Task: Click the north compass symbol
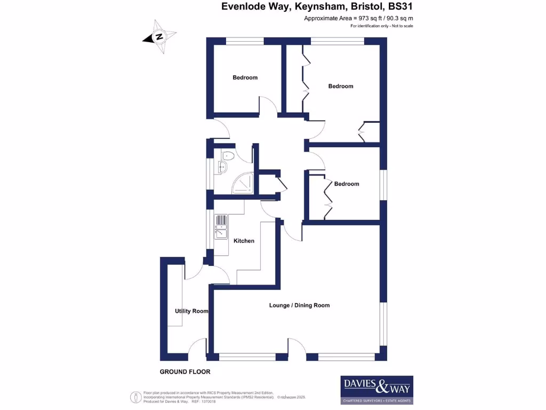click(159, 37)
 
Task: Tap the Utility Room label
click(191, 311)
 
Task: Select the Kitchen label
click(244, 241)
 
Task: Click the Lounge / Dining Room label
click(299, 305)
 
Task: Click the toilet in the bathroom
click(228, 156)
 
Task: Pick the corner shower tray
click(244, 184)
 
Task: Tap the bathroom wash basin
click(222, 168)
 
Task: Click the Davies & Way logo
click(376, 390)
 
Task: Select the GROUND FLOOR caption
click(185, 372)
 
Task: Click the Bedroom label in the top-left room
click(245, 77)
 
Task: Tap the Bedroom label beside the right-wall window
click(347, 184)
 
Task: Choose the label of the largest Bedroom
click(340, 86)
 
